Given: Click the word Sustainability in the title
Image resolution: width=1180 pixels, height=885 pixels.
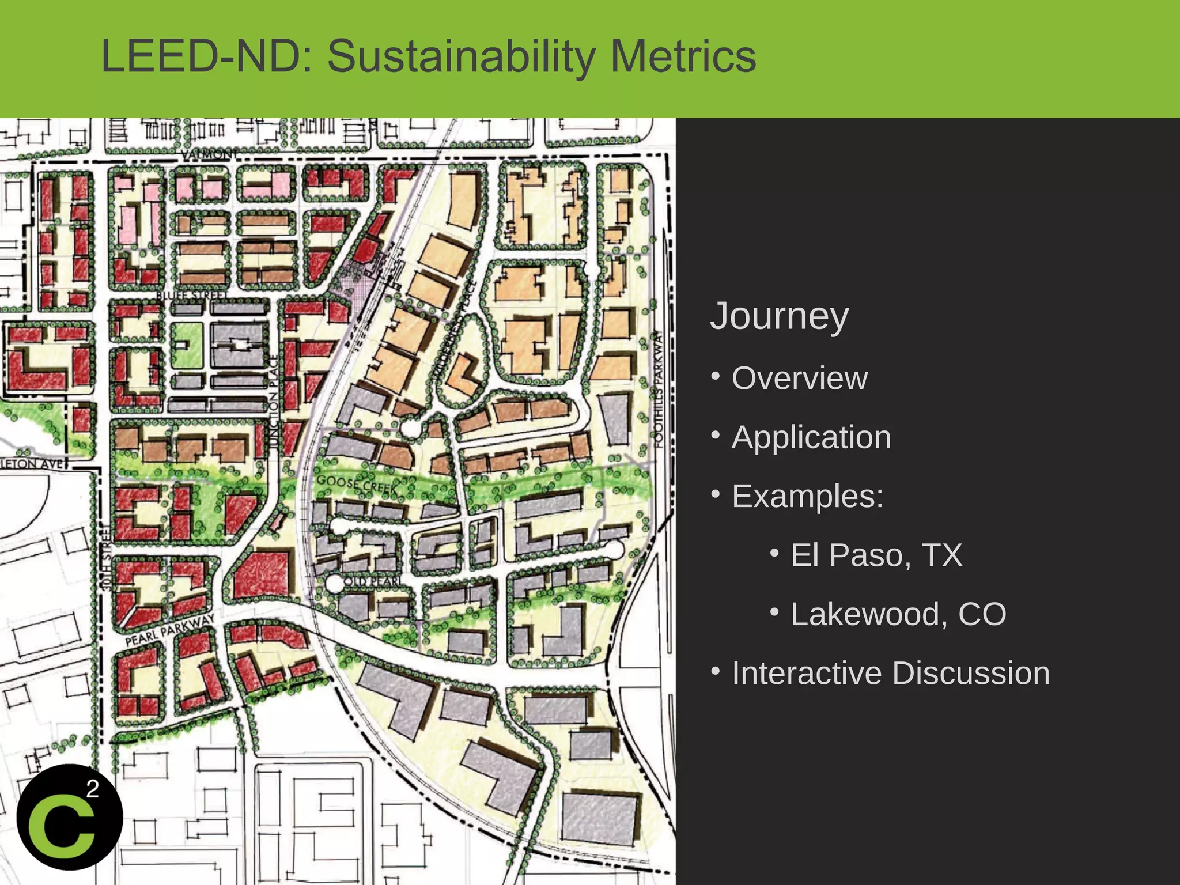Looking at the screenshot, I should [x=461, y=56].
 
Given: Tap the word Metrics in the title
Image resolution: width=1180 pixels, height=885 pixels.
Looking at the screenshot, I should [x=682, y=56].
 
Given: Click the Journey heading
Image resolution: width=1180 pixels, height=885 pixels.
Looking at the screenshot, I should [x=779, y=316].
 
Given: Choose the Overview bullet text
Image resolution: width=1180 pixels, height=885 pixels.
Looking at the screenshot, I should [x=799, y=379].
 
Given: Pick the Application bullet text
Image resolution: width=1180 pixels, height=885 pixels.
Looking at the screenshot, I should [x=811, y=437].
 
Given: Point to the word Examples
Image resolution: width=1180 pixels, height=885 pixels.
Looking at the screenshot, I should [x=807, y=496].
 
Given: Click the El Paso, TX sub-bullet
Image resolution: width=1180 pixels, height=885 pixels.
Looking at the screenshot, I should [x=876, y=555].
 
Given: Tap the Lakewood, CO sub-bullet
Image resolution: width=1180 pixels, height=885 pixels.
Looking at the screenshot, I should [x=898, y=614].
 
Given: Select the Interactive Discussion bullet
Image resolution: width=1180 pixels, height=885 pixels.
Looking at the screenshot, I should [x=890, y=673].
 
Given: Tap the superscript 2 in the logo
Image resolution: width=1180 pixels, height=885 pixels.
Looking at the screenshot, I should [x=92, y=788].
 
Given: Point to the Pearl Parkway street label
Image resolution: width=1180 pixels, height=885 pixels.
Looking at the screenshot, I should [x=170, y=630].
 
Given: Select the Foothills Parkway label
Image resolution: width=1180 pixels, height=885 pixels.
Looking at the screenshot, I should [x=659, y=388].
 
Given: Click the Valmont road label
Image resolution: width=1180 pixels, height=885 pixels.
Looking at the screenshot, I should [x=209, y=154].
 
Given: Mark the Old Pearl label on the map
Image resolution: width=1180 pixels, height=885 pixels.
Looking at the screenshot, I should [x=373, y=581].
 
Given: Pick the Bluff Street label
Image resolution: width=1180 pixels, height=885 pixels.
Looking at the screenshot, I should [x=192, y=296].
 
